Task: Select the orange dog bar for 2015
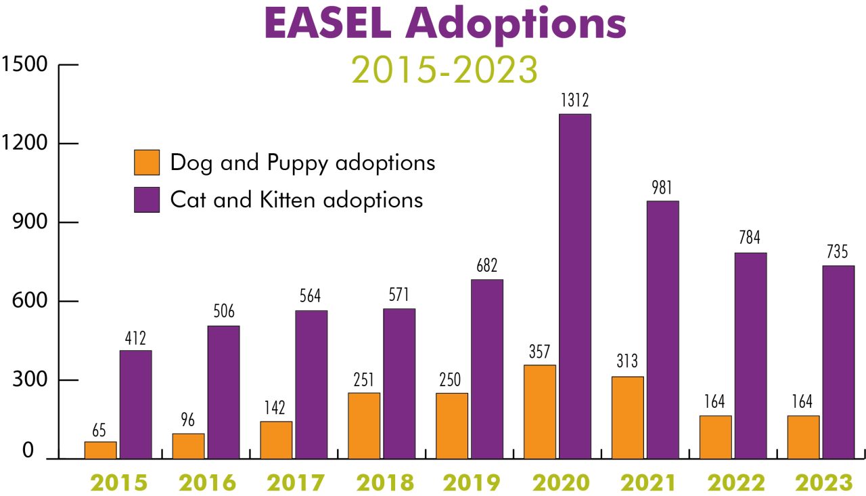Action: click(x=100, y=450)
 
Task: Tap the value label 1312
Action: click(x=575, y=100)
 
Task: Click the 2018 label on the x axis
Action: click(x=384, y=482)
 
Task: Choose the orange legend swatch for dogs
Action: click(x=147, y=163)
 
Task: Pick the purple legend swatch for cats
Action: click(x=147, y=200)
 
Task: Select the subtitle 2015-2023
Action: click(x=445, y=69)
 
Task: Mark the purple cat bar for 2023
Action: click(x=838, y=362)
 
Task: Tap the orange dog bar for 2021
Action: click(x=628, y=417)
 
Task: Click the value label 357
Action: click(x=539, y=352)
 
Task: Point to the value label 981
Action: click(x=663, y=188)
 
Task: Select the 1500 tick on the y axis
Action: click(x=24, y=65)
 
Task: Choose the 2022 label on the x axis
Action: click(x=736, y=482)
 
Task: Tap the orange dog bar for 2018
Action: click(x=364, y=426)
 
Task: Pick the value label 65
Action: click(x=99, y=430)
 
